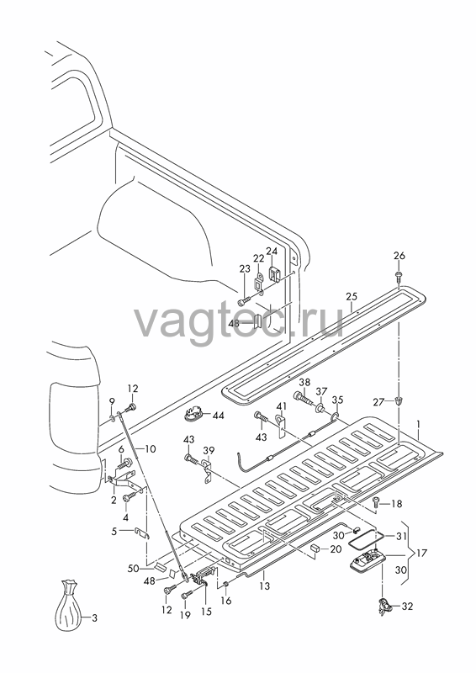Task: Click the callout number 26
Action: click(x=399, y=256)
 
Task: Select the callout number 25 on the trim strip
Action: click(x=352, y=297)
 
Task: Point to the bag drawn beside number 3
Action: click(x=68, y=605)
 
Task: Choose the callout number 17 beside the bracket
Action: click(x=422, y=553)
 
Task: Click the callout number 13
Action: click(x=265, y=586)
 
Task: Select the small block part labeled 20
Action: click(x=315, y=548)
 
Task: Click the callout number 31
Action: click(x=400, y=536)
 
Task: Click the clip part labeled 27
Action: click(x=399, y=402)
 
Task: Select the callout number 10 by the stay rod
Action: click(x=151, y=449)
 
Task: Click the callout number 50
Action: click(x=134, y=569)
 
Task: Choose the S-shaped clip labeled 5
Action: click(x=142, y=533)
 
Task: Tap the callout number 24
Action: click(x=272, y=251)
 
